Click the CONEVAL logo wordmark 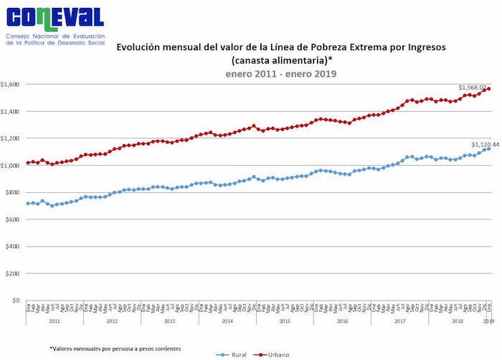53,17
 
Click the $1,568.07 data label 473,87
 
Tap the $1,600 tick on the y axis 11,84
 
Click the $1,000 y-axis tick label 11,166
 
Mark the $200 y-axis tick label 13,274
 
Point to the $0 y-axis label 16,300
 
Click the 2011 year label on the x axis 55,322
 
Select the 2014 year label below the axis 227,322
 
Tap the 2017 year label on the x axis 399,322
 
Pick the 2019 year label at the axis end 488,322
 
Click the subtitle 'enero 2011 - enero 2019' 281,73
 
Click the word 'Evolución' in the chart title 141,47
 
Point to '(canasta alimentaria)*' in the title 281,60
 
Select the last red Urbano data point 488,89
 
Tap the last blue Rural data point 488,149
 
